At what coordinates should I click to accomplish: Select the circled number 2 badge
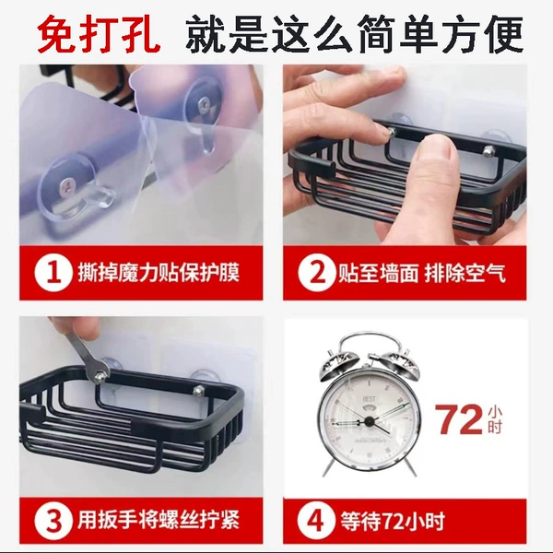point(316,274)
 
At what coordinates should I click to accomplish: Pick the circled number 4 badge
point(315,521)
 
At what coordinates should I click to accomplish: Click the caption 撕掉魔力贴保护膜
point(159,273)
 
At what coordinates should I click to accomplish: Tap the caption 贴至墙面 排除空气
point(422,273)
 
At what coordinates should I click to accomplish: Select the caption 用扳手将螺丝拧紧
point(159,520)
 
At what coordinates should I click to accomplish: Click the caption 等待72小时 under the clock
point(393,521)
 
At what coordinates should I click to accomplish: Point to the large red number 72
point(458,419)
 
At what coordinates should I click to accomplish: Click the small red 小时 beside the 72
point(494,419)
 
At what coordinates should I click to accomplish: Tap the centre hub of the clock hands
point(370,420)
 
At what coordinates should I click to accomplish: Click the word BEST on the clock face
point(370,399)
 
